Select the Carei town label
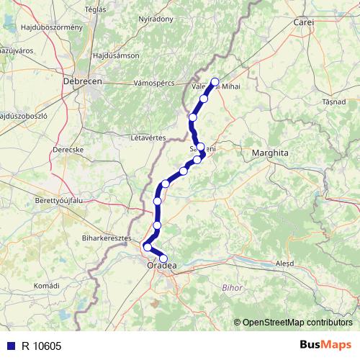tap(305, 23)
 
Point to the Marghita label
tap(270, 153)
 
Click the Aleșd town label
tap(285, 264)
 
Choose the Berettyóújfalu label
tap(60, 200)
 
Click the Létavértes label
tap(149, 137)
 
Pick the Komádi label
tap(47, 286)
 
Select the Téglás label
tap(96, 9)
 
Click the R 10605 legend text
tap(41, 345)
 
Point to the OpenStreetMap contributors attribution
tap(297, 323)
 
